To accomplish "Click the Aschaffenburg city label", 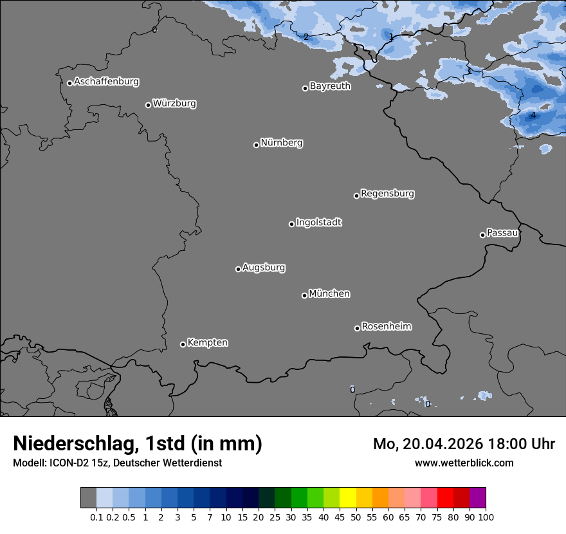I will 106,82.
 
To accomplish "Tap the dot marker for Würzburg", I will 148,105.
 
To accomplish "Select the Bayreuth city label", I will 330,86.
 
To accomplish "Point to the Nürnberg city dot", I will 256,145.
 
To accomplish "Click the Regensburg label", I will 387,194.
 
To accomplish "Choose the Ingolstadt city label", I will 318,223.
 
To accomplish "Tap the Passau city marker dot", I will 482,235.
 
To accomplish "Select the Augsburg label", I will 264,268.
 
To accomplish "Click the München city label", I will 329,294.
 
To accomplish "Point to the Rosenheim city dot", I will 357,329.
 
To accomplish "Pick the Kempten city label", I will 207,343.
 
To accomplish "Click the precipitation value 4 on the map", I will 533,116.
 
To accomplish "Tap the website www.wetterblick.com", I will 464,463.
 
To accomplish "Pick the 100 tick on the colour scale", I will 486,517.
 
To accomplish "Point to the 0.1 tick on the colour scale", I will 96,517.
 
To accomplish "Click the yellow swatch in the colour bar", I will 348,498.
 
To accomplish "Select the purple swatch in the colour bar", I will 477,498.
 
